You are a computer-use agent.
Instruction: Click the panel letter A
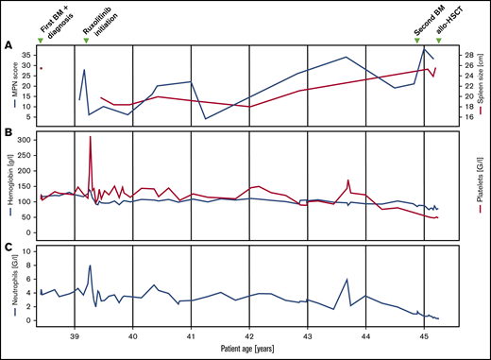coord(8,44)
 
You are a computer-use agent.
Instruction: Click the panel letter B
coord(8,133)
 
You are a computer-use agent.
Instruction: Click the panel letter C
coord(8,249)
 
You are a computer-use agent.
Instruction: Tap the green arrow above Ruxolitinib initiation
coord(87,39)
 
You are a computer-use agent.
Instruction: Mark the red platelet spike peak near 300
coord(90,137)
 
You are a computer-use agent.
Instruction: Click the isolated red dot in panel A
coord(41,68)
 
